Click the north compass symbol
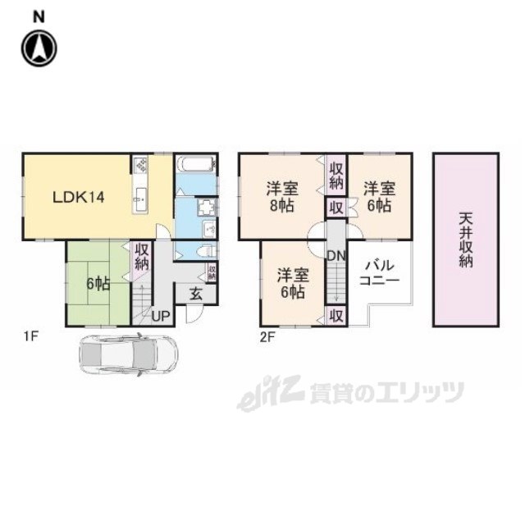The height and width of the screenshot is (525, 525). tap(39, 48)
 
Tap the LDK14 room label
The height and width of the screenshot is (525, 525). tap(79, 197)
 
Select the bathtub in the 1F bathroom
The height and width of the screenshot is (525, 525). tap(196, 164)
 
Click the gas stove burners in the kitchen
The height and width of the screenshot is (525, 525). tap(141, 164)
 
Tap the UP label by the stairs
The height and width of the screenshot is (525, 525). tap(161, 316)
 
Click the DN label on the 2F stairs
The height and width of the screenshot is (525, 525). tap(336, 256)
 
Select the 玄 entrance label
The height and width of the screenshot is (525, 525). tap(196, 294)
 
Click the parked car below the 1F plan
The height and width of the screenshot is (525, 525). tap(129, 354)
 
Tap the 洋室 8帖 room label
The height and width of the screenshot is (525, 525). tap(282, 197)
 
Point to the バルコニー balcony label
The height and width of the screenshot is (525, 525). tap(379, 273)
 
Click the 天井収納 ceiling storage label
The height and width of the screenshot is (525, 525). tap(466, 240)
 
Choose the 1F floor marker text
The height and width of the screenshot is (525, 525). tap(31, 336)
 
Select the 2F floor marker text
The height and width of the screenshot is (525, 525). tap(267, 337)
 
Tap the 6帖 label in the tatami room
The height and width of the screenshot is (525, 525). tap(98, 284)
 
